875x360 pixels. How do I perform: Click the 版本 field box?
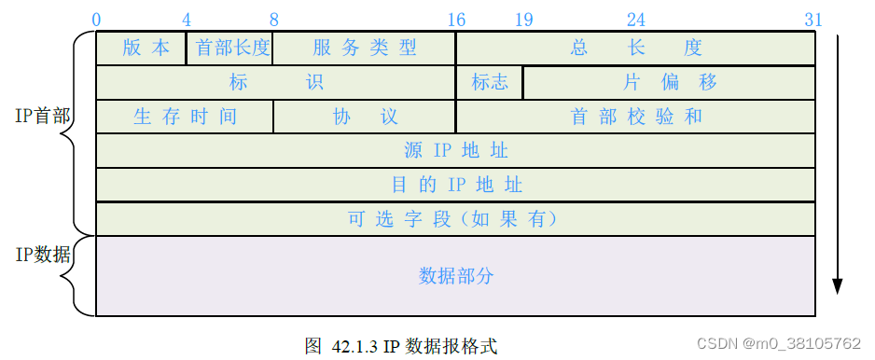[x=142, y=48]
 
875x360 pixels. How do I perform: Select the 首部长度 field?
[x=230, y=48]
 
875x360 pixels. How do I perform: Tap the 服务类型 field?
[x=364, y=48]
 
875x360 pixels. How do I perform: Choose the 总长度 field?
[x=635, y=48]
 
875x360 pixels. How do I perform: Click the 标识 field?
[x=276, y=82]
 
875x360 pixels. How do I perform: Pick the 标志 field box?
[x=490, y=82]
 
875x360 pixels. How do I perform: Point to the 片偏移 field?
[x=669, y=82]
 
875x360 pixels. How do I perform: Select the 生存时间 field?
[x=185, y=117]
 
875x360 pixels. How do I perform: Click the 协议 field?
[x=364, y=117]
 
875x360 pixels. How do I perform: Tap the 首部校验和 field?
[x=635, y=117]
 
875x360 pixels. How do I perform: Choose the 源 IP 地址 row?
[x=455, y=150]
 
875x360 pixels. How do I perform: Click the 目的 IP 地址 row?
[x=455, y=185]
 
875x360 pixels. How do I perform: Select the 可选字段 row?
[x=455, y=219]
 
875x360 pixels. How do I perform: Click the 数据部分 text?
[x=455, y=276]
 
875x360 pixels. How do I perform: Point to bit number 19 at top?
[x=523, y=20]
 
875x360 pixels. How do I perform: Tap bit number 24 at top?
[x=635, y=20]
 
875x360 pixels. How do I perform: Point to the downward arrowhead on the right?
[x=838, y=284]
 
